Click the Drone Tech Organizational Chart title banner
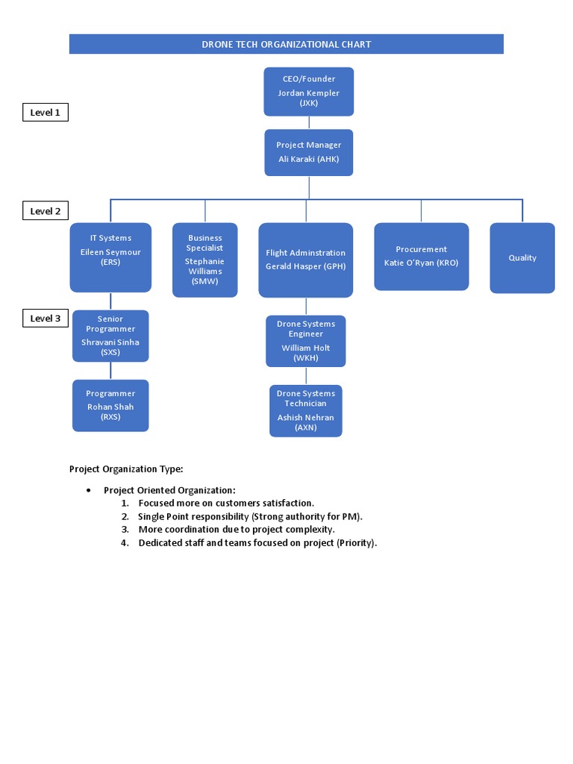286,44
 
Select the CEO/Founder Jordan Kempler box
308,92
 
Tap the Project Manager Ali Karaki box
308,152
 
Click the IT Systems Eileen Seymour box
110,257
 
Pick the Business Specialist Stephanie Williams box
204,260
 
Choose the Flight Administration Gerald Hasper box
305,260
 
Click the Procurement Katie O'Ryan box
421,256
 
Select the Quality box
522,257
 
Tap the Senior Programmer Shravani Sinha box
110,336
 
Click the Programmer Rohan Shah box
110,405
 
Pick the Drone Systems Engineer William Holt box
305,341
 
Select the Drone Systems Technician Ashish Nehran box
305,410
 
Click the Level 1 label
45,113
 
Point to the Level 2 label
45,211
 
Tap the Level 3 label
45,319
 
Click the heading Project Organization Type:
126,469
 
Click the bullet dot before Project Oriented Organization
89,490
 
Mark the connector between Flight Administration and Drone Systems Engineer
306,306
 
